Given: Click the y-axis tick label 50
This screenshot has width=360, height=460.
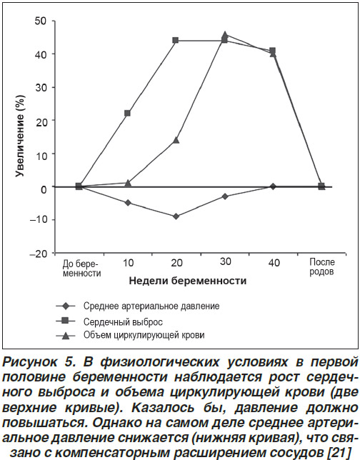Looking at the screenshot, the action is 41,21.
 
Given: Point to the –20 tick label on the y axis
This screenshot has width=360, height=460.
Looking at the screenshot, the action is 39,254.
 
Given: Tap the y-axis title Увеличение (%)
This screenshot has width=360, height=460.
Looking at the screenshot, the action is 20,136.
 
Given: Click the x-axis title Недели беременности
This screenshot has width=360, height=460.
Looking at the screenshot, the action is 188,281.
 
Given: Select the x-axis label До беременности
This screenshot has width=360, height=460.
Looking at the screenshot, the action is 81,269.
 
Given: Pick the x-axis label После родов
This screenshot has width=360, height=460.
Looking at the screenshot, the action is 322,266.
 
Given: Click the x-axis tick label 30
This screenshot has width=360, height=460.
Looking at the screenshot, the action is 225,261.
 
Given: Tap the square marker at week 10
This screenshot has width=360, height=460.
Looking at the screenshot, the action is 127,113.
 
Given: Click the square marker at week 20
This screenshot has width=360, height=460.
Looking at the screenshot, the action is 176,40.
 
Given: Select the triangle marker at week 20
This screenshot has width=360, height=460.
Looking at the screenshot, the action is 176,140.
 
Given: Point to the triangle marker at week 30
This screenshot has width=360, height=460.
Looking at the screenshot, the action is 225,35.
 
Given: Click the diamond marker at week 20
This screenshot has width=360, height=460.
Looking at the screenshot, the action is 176,216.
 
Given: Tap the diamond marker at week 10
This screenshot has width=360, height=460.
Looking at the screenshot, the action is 128,203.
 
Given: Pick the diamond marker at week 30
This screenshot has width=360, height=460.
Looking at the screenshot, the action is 225,196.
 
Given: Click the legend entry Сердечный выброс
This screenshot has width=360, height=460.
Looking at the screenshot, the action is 123,322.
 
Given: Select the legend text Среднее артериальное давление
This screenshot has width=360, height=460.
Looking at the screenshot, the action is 151,306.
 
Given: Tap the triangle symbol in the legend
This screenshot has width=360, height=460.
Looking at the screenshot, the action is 66,336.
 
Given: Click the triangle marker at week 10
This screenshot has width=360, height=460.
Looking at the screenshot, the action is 128,183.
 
